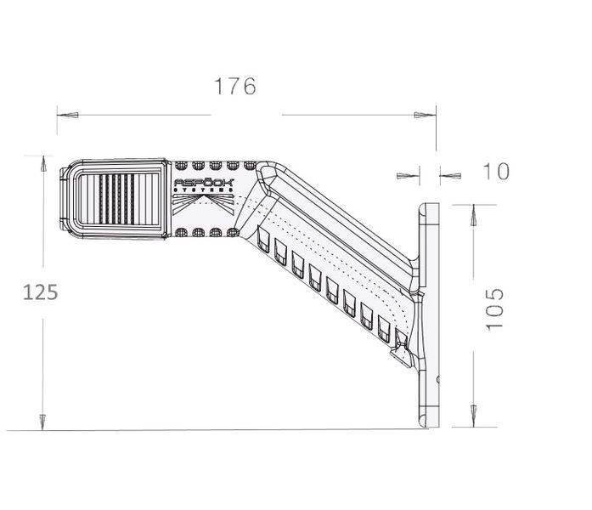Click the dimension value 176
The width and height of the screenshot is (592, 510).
tap(235, 86)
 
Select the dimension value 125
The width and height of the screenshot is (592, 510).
tap(40, 292)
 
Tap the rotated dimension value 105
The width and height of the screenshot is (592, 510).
tap(496, 308)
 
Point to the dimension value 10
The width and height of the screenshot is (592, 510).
tap(497, 171)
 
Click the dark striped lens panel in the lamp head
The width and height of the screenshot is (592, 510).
tap(121, 198)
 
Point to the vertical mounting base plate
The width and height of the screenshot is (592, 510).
tap(430, 314)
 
